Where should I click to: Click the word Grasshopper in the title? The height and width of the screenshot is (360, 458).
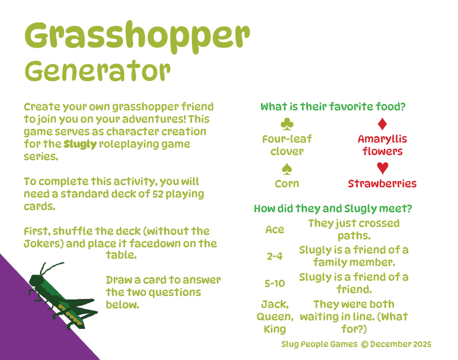click(137, 36)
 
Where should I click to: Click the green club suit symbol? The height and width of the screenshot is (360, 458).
click(287, 123)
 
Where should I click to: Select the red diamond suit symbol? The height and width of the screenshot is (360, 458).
click(382, 124)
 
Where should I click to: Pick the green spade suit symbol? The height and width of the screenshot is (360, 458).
click(287, 169)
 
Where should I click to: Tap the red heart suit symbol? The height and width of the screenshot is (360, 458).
click(382, 168)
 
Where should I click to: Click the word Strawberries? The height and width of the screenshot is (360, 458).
click(382, 183)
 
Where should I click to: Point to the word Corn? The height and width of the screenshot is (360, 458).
click(287, 183)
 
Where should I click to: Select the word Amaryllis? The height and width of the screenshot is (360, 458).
click(382, 139)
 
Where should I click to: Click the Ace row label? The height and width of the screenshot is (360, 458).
click(275, 230)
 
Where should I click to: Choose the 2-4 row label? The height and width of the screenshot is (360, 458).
click(275, 256)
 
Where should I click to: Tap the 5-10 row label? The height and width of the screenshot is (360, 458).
click(275, 283)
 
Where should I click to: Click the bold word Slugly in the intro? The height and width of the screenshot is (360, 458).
click(80, 144)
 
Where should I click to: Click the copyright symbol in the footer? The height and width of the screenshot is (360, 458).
click(364, 344)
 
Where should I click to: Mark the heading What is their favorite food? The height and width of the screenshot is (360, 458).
click(333, 107)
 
